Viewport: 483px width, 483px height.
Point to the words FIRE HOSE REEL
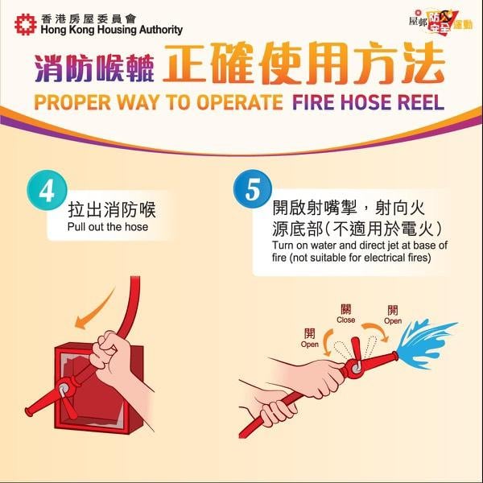(365, 103)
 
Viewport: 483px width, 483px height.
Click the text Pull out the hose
(108, 227)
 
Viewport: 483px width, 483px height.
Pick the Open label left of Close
(310, 338)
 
